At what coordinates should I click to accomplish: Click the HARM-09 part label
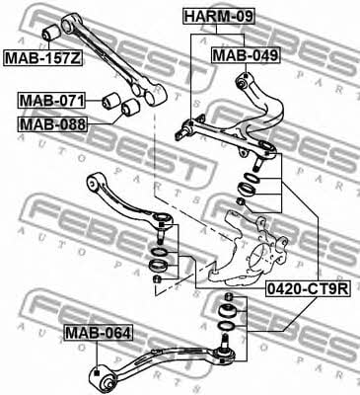pyautogui.click(x=219, y=17)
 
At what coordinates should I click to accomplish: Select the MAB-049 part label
pyautogui.click(x=246, y=55)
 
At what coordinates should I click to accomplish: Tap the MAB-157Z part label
pyautogui.click(x=42, y=57)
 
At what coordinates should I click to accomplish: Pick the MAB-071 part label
pyautogui.click(x=51, y=101)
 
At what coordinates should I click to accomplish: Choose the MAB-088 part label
pyautogui.click(x=52, y=124)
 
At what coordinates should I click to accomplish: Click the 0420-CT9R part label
pyautogui.click(x=308, y=289)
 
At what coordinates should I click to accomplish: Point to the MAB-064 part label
pyautogui.click(x=99, y=333)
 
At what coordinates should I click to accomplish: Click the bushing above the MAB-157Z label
pyautogui.click(x=51, y=32)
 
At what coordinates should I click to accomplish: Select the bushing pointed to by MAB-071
pyautogui.click(x=111, y=101)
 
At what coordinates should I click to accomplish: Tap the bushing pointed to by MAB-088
pyautogui.click(x=130, y=108)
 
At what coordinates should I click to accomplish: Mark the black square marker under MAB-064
pyautogui.click(x=97, y=372)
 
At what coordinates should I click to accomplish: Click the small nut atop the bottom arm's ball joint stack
pyautogui.click(x=228, y=297)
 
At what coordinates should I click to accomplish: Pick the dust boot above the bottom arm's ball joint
pyautogui.click(x=227, y=312)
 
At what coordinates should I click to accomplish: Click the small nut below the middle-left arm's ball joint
pyautogui.click(x=158, y=278)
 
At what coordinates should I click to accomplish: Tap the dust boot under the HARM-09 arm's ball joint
pyautogui.click(x=247, y=190)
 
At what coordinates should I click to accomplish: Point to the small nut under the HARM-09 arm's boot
pyautogui.click(x=242, y=201)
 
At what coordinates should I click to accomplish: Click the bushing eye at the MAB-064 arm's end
pyautogui.click(x=105, y=378)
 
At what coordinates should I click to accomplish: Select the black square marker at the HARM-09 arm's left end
pyautogui.click(x=191, y=122)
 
